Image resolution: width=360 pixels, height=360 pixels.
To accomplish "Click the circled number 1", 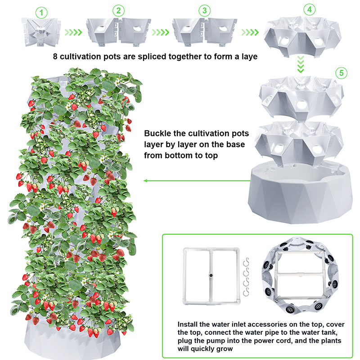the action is pyautogui.click(x=41, y=13).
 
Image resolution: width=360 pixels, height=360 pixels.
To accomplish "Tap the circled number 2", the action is pyautogui.click(x=118, y=10).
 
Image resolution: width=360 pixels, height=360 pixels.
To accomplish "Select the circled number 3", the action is pyautogui.click(x=205, y=10).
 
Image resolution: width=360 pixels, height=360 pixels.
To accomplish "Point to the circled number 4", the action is pyautogui.click(x=310, y=9).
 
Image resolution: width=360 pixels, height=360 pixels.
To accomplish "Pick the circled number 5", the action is pyautogui.click(x=342, y=73).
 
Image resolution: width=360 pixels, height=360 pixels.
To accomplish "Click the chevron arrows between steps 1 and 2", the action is pyautogui.click(x=73, y=32).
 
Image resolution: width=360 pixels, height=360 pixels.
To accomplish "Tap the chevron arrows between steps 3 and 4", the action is pyautogui.click(x=250, y=32).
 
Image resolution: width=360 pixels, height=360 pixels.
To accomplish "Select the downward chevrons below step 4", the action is pyautogui.click(x=301, y=64).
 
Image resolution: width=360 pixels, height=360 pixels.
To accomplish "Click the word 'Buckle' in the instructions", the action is pyautogui.click(x=158, y=133).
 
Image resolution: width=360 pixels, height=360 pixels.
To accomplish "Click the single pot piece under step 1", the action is pyautogui.click(x=41, y=32).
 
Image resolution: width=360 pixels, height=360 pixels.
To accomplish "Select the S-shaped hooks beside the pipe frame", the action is pyautogui.click(x=246, y=277).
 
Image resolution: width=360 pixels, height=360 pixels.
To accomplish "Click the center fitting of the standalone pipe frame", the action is pyautogui.click(x=211, y=275).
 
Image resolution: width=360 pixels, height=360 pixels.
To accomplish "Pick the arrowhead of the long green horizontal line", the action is pyautogui.click(x=145, y=181).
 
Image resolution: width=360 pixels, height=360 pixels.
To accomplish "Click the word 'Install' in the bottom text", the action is pyautogui.click(x=188, y=324).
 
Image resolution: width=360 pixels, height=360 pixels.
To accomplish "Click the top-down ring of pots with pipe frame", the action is pyautogui.click(x=300, y=275).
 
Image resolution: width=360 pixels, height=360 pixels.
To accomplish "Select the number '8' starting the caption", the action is pyautogui.click(x=55, y=57).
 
